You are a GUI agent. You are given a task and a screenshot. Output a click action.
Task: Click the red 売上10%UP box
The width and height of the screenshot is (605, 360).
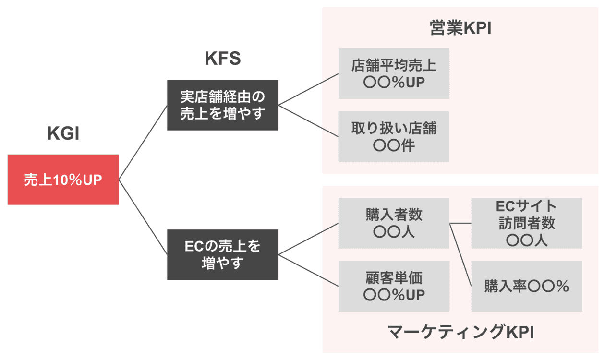click(x=63, y=180)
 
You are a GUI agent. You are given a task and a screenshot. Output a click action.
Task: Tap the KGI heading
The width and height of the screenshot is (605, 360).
click(x=63, y=134)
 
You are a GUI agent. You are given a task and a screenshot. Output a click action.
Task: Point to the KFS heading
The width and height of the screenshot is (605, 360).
click(x=222, y=59)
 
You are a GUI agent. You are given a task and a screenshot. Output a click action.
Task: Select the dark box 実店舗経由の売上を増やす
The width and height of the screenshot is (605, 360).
click(x=222, y=105)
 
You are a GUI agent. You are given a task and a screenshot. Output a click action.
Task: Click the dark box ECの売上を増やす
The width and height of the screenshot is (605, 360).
click(x=222, y=255)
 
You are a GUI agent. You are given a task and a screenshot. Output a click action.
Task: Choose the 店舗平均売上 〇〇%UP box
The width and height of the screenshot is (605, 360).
click(x=394, y=73)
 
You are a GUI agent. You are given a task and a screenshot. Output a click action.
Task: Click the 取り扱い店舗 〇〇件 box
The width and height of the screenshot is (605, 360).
click(x=394, y=137)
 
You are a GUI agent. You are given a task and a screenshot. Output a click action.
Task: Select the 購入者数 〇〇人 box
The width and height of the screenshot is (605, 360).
click(x=394, y=223)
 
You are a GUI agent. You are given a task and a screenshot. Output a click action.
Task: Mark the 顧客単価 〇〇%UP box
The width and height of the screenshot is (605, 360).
click(x=394, y=286)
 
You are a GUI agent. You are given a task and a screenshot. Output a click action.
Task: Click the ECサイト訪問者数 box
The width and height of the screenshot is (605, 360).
click(x=527, y=223)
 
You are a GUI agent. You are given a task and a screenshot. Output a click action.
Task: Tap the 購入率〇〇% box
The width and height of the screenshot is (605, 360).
click(x=527, y=286)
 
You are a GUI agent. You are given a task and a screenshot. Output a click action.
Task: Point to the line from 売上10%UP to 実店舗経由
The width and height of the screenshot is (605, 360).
click(x=143, y=143)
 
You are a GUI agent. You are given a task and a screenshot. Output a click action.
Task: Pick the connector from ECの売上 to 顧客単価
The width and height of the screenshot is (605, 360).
click(x=308, y=270)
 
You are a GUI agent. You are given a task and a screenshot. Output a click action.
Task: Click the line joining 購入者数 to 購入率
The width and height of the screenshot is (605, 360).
click(x=460, y=254)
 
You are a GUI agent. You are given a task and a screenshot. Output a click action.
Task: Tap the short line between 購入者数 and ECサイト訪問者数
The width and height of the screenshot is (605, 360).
click(x=460, y=223)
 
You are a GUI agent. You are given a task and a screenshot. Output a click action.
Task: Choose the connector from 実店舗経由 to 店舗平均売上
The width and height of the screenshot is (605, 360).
click(x=308, y=89)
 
